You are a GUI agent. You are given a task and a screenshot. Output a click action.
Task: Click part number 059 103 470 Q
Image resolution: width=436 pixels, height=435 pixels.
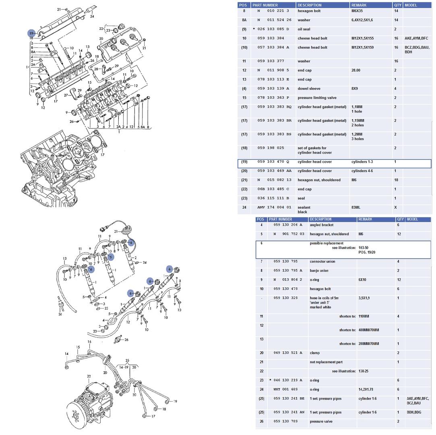[273, 162]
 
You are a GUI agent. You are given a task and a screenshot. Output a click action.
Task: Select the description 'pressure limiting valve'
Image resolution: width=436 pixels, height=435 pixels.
[317, 98]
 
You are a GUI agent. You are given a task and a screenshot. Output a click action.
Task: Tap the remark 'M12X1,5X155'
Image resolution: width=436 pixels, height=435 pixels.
[362, 38]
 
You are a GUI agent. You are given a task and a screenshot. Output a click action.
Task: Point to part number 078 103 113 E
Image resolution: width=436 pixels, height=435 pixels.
[273, 80]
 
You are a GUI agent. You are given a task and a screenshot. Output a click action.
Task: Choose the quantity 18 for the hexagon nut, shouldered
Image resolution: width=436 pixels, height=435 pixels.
[396, 180]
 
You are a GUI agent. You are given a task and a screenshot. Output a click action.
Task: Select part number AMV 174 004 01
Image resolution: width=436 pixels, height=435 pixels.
[274, 207]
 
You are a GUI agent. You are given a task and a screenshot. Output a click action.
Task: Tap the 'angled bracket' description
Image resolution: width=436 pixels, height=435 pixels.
[321, 225]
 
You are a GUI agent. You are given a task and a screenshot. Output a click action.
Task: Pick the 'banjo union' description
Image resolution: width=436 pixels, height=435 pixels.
[319, 271]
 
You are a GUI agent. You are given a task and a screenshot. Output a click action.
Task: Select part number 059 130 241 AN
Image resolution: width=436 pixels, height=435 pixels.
[289, 412]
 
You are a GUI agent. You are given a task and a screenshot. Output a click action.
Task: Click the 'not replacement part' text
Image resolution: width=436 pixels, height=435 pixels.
[326, 362]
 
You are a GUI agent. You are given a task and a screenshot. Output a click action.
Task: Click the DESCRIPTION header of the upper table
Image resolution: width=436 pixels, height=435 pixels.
[310, 5]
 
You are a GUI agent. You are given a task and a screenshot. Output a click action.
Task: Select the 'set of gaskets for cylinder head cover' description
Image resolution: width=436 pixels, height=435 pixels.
[314, 150]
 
